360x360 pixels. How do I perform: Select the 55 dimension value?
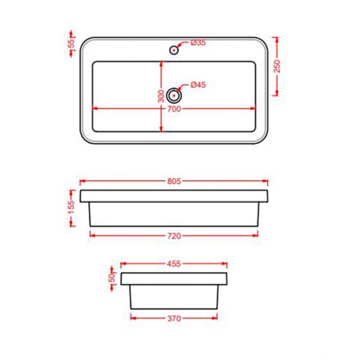(71, 43)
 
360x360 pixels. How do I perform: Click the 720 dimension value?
(174, 235)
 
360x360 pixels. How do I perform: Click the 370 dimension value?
(174, 319)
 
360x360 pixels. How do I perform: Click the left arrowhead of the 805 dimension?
(82, 181)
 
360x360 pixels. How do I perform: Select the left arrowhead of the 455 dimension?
(123, 265)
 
